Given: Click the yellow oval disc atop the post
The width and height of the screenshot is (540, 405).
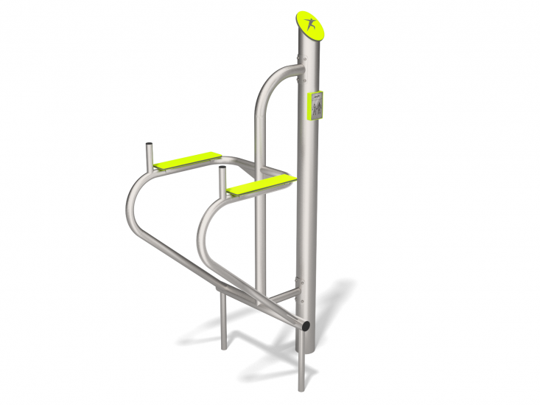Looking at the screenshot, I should pyautogui.click(x=310, y=23).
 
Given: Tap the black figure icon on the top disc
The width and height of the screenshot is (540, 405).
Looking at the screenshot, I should pyautogui.click(x=311, y=23).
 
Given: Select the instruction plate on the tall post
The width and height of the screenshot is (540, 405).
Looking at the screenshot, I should pyautogui.click(x=315, y=105).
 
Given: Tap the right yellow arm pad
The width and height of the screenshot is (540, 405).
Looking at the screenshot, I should pyautogui.click(x=262, y=184).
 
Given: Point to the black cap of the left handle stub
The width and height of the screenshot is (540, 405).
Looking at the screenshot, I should pyautogui.click(x=150, y=145).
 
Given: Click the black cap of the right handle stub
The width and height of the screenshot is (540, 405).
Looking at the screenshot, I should pyautogui.click(x=221, y=170).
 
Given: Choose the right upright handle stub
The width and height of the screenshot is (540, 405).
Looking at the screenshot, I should pyautogui.click(x=221, y=181).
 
